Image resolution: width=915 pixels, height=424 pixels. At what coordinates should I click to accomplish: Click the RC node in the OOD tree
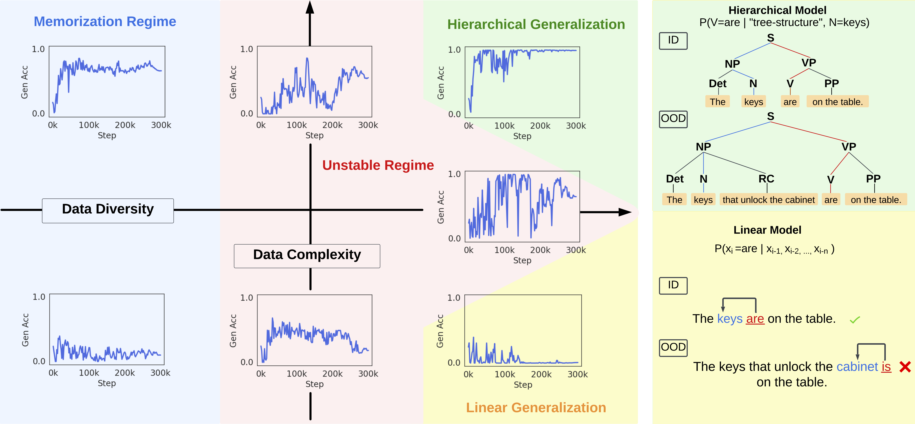coord(766,179)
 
